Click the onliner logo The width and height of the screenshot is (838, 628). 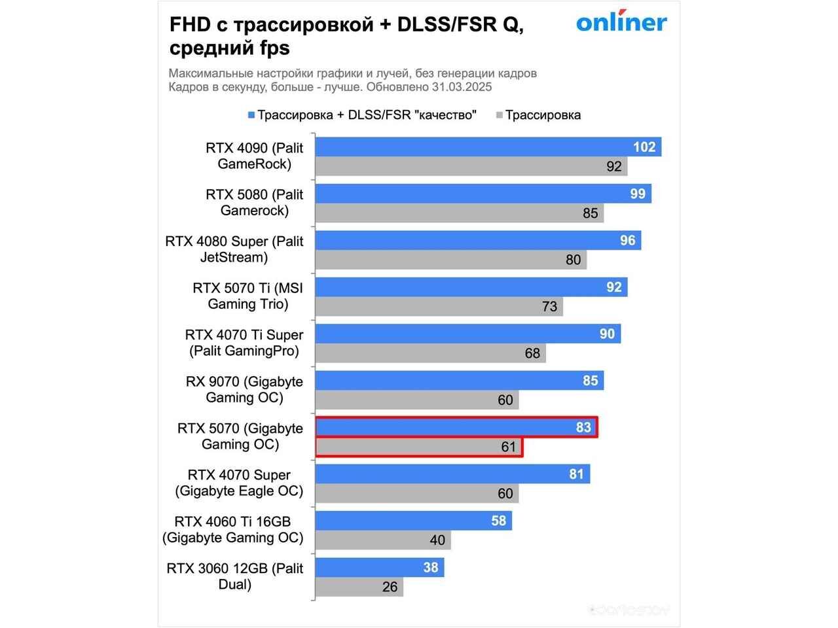coord(621,22)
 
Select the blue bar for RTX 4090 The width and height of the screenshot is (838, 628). coord(488,147)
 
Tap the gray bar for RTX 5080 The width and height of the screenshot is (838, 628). coord(459,213)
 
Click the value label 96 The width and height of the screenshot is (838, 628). coord(627,240)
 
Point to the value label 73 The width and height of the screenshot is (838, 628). coord(549,306)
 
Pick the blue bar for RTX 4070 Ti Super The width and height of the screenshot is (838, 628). coord(467,334)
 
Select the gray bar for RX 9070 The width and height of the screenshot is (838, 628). coord(416,400)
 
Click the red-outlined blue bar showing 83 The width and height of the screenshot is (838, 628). coord(456,427)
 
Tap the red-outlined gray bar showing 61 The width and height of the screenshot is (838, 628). coord(418,447)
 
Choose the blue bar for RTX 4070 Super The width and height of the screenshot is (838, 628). coord(452,474)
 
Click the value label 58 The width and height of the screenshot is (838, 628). coord(498,521)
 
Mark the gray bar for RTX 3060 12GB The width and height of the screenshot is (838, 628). coord(359,587)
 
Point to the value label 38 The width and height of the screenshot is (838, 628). coord(430,567)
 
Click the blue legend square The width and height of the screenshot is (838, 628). coord(251,116)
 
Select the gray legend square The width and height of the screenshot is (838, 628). coord(499,116)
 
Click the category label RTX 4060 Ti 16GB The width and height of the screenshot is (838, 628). coord(233,529)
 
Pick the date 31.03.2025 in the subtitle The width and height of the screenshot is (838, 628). coord(462,87)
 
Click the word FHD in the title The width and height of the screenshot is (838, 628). coord(190,25)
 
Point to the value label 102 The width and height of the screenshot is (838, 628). coord(644,147)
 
